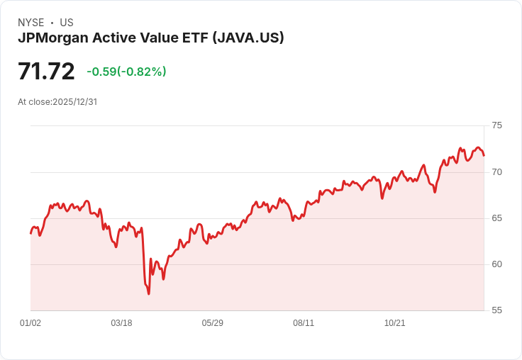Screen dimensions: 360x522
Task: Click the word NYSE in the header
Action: click(x=31, y=23)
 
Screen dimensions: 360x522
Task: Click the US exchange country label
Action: click(x=67, y=23)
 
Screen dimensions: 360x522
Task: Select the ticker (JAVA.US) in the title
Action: click(x=248, y=38)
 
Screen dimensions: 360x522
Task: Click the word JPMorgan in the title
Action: click(x=52, y=38)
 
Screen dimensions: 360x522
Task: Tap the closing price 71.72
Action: click(x=46, y=72)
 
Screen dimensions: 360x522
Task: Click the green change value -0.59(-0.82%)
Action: click(x=126, y=72)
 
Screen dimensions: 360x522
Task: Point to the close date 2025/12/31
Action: click(x=74, y=102)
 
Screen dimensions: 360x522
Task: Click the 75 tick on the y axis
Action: click(x=496, y=125)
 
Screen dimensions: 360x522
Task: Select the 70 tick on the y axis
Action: click(x=496, y=171)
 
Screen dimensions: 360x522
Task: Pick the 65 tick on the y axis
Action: click(x=496, y=218)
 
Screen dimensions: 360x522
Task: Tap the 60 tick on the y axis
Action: click(x=496, y=264)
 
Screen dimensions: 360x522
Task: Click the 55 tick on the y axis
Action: click(x=496, y=310)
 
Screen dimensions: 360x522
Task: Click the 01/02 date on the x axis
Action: click(x=30, y=323)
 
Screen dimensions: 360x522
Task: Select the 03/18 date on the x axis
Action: click(x=121, y=323)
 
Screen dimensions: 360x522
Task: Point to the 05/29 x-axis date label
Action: click(x=212, y=323)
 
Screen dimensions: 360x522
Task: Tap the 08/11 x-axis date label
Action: click(x=304, y=323)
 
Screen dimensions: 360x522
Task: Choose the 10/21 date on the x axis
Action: click(x=394, y=323)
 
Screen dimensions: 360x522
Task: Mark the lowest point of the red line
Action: click(x=148, y=293)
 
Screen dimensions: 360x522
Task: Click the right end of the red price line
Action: click(x=484, y=155)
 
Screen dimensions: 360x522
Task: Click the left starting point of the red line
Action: click(x=30, y=233)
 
